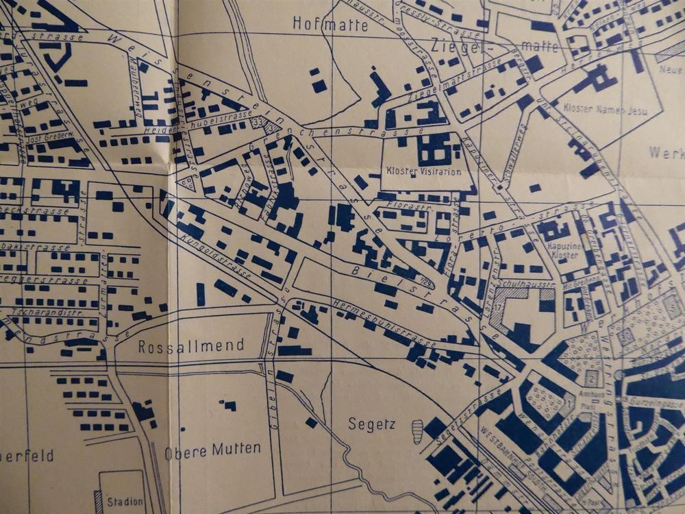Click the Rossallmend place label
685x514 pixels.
click(191, 346)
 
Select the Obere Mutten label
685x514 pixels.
click(212, 450)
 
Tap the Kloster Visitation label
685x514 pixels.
click(424, 171)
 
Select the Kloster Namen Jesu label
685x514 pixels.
click(594, 108)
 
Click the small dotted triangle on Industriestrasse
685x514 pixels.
click(186, 182)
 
